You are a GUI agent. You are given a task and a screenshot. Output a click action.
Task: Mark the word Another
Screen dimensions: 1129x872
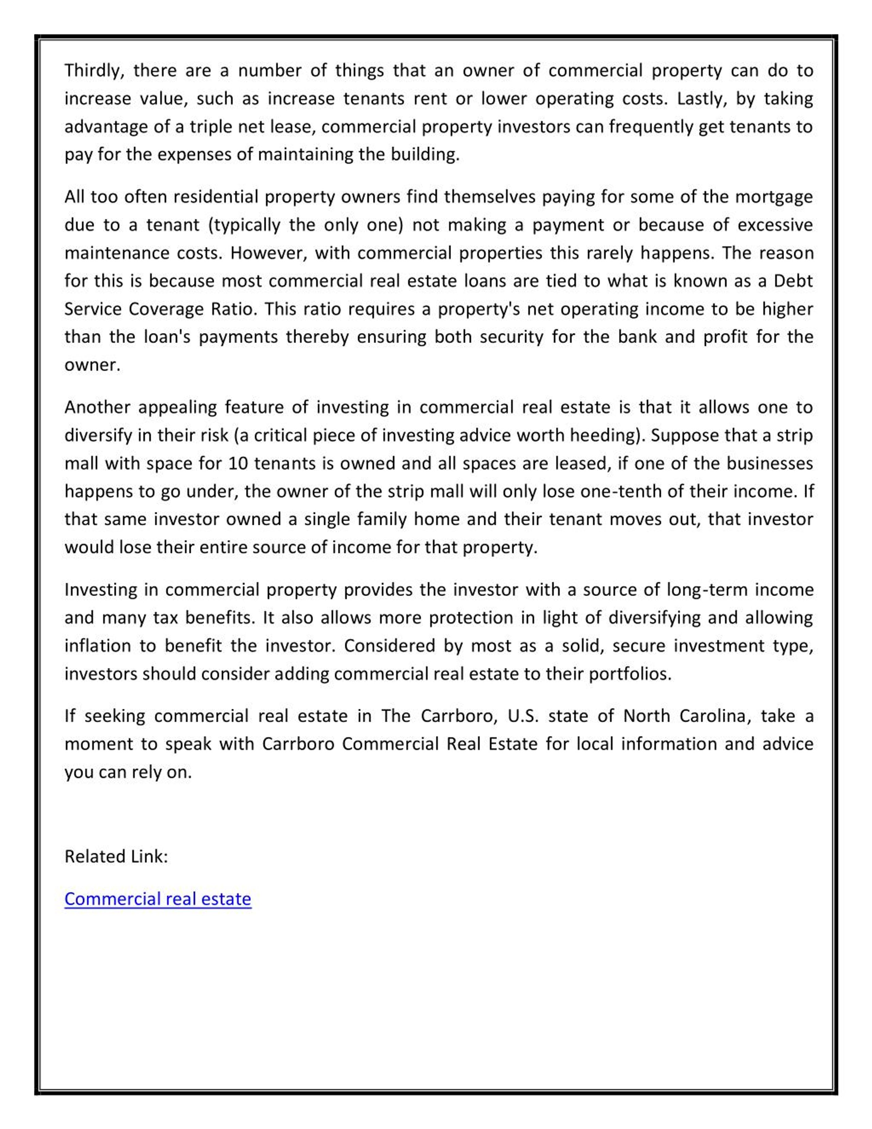pos(97,407)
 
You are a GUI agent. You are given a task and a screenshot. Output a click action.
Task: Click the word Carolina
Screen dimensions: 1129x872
pos(712,716)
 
